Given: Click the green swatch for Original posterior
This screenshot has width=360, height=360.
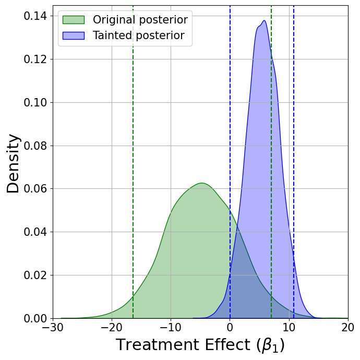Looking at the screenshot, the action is point(74,20).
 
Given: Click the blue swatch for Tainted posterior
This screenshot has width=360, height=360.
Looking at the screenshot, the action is point(74,35).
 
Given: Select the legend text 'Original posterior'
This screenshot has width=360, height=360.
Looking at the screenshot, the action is point(140,20).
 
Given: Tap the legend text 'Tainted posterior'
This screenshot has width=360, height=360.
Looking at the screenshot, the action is point(139,35).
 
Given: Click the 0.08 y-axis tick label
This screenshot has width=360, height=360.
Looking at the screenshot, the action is point(35,146).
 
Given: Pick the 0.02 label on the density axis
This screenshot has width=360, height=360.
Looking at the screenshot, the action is point(35,275).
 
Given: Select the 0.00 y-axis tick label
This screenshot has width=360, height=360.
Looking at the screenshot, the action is point(35,318).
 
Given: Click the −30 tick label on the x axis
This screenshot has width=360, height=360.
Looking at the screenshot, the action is point(53,328).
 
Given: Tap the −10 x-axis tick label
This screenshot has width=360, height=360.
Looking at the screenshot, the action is point(171,328).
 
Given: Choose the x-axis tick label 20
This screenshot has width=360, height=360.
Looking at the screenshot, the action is point(348,328).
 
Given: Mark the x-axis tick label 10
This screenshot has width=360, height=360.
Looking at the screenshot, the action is point(289,328).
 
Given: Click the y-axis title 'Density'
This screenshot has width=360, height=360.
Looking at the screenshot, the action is point(13,163).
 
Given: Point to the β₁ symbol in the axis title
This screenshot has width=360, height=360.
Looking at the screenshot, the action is point(270,345).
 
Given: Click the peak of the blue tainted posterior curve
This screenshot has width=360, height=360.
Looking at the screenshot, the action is point(264,20).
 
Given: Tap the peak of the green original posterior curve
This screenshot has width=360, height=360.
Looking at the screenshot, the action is point(201,183).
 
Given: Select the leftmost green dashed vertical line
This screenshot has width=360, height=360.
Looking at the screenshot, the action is point(133,162).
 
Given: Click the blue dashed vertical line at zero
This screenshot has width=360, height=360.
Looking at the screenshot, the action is point(230,162).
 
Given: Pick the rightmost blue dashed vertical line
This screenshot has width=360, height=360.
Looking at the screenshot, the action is point(294,162).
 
